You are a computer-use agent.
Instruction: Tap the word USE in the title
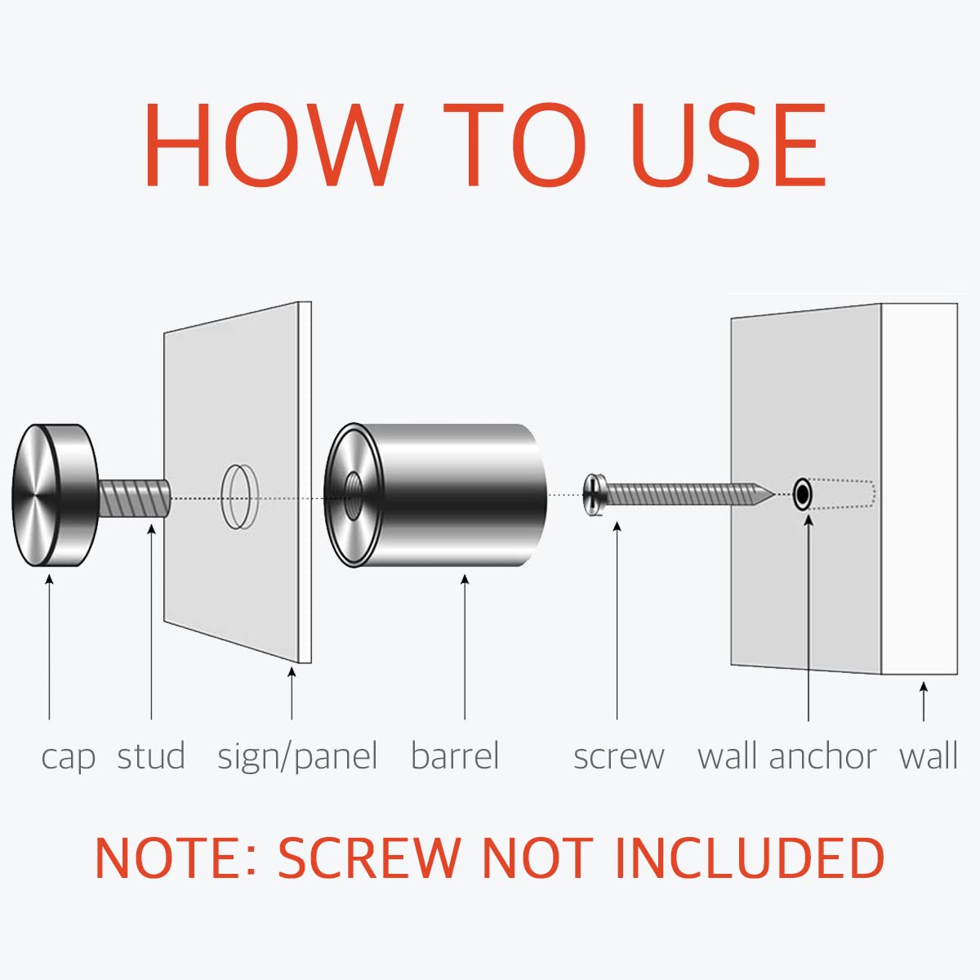728,145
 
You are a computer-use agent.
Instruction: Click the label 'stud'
151,756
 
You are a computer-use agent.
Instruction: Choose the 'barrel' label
455,756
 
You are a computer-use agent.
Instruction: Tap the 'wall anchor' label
786,756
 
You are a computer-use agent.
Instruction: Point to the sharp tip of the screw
773,494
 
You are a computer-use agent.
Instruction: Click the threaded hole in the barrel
352,496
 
